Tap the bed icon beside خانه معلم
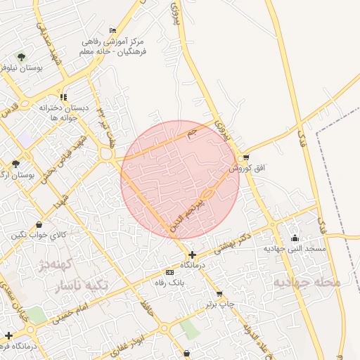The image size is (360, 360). (x=112, y=30)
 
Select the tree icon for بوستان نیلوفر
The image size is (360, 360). (x=22, y=57)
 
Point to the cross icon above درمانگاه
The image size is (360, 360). (x=193, y=255)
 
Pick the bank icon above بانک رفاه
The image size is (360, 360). (x=169, y=271)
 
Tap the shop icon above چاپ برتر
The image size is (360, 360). (x=219, y=294)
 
